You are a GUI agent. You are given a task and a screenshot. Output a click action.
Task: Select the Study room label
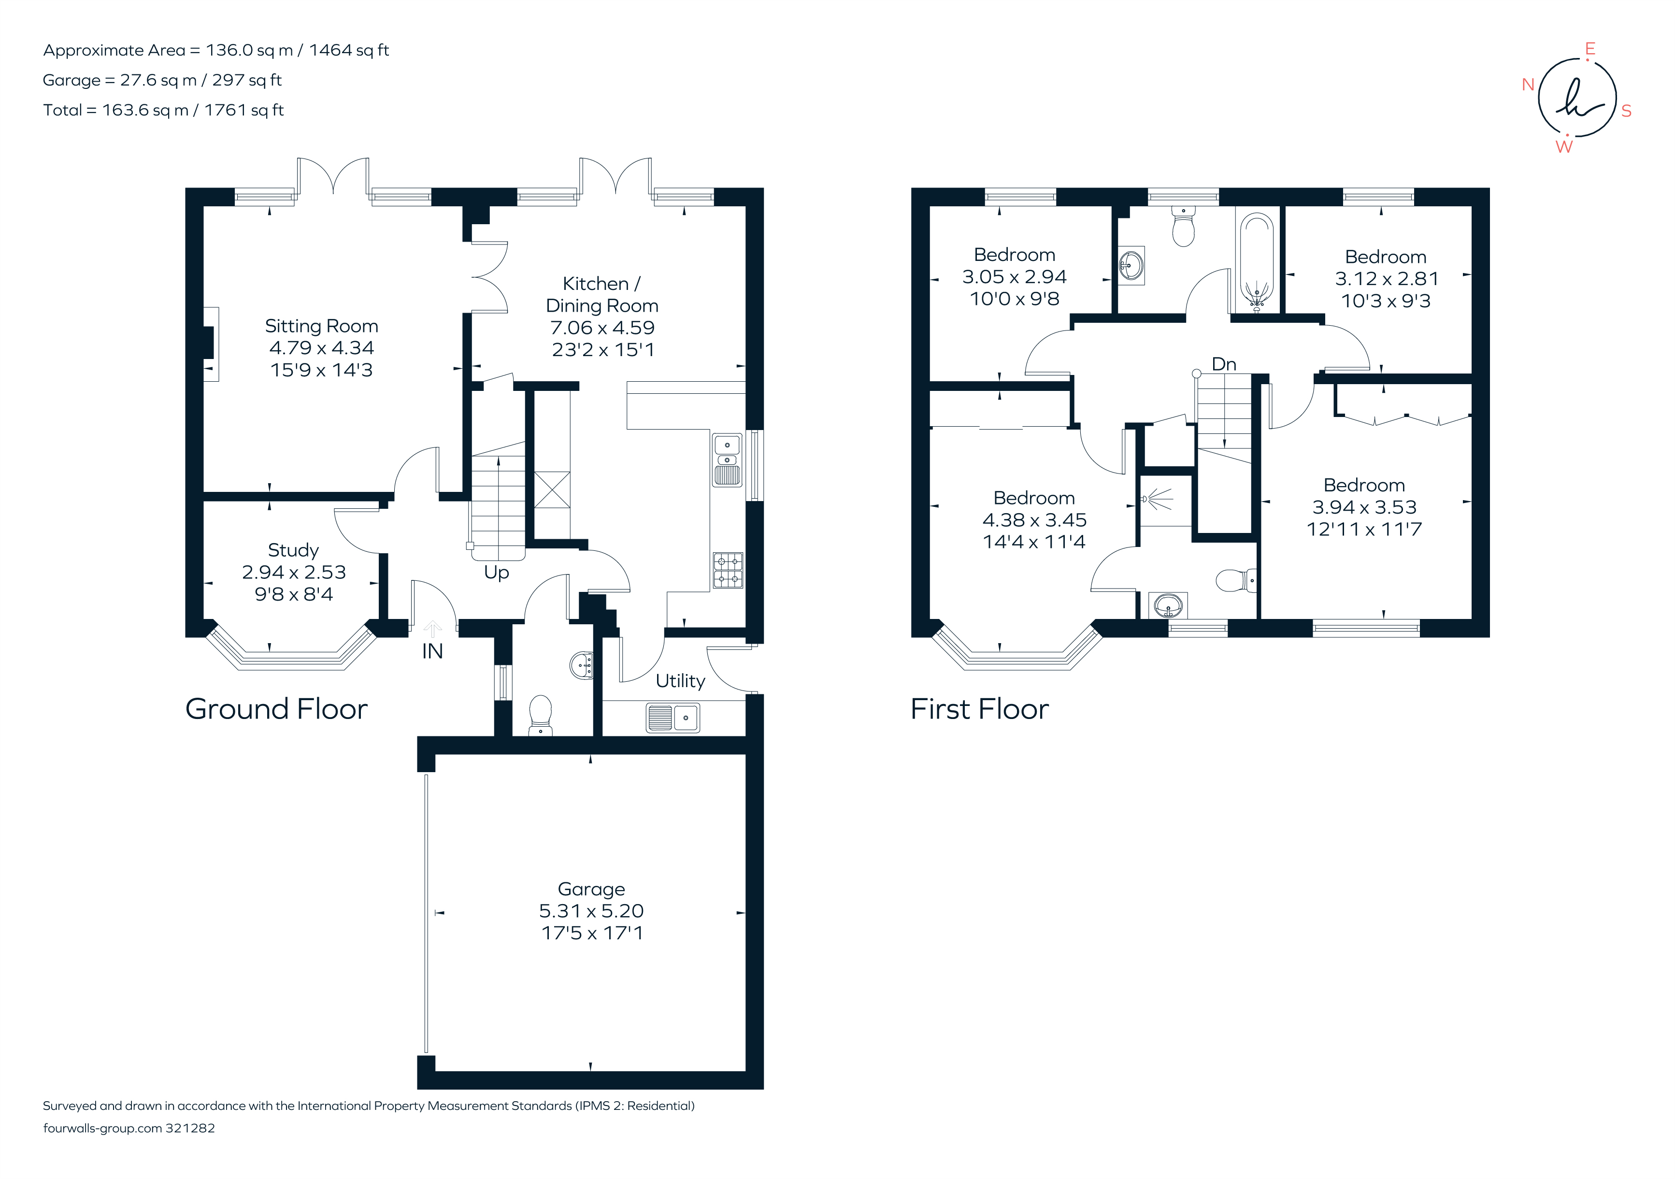pos(293,550)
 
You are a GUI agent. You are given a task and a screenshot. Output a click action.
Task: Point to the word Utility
pos(680,681)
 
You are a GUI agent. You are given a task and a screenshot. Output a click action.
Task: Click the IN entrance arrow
pos(432,629)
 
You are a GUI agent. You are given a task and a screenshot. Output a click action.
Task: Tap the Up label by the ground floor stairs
pos(496,573)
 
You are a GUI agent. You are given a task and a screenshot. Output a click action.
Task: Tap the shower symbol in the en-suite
pos(1156,500)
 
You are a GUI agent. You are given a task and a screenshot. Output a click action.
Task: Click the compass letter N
pos(1528,85)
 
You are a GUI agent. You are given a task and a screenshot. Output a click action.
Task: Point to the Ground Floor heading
pos(276,709)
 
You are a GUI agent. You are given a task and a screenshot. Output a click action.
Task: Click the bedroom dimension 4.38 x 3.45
pos(1034,520)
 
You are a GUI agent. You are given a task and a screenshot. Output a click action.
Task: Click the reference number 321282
pos(190,1128)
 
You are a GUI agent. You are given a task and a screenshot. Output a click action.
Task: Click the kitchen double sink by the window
pos(727,460)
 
